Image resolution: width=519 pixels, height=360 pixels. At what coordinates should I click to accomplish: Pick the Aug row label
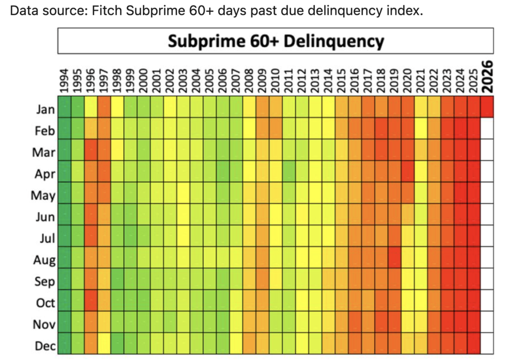click(45, 260)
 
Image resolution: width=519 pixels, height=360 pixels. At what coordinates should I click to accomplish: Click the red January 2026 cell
click(488, 107)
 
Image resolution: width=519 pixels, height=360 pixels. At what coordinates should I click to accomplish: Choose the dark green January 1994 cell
click(64, 107)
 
